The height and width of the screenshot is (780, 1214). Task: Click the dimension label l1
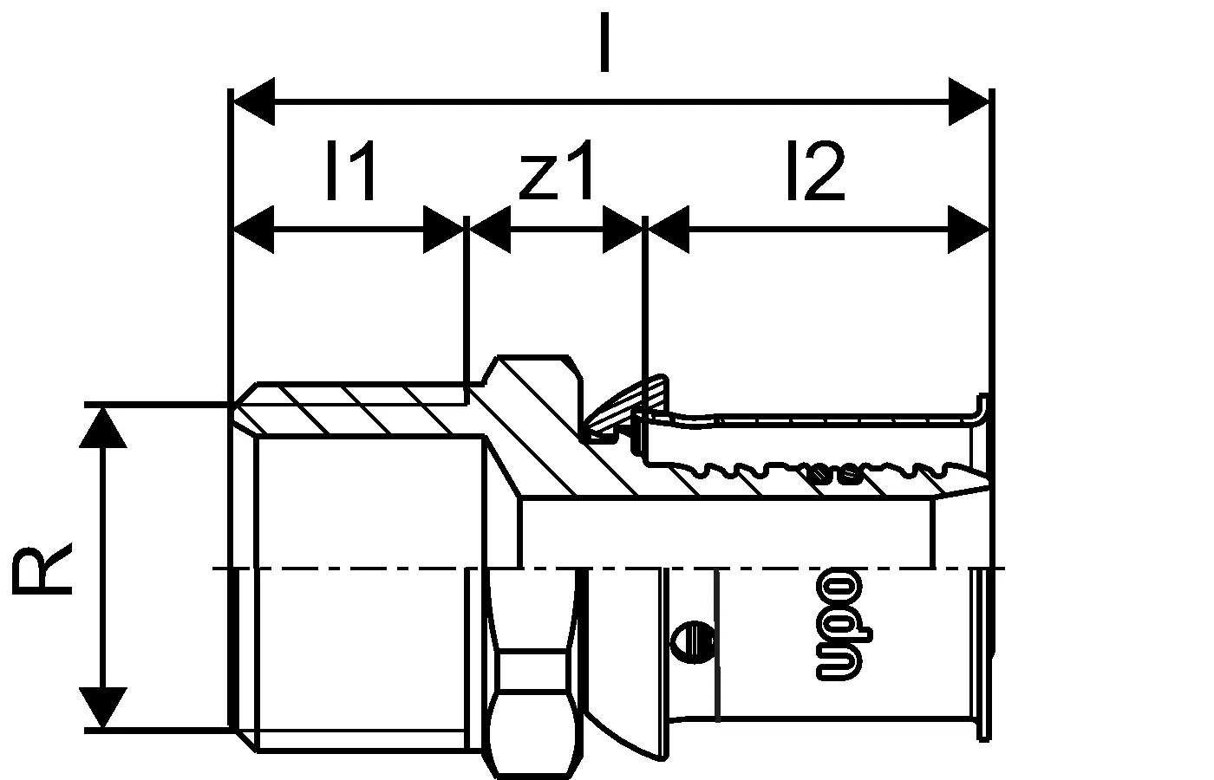coord(351,170)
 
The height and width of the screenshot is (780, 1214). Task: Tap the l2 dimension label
coord(816,170)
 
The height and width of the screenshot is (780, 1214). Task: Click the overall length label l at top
coord(605,42)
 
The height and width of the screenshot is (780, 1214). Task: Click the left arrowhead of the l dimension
coord(254,101)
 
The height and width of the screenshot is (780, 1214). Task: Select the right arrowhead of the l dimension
coord(969,101)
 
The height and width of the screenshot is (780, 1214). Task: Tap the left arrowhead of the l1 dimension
coord(253,229)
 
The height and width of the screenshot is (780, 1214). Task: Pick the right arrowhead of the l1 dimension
coord(443,229)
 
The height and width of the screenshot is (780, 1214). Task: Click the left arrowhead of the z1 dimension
coord(490,229)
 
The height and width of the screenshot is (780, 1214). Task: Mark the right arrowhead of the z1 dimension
coord(623,229)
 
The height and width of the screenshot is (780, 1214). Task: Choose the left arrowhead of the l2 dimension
coord(669,229)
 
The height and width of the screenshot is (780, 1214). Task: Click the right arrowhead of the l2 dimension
coord(969,229)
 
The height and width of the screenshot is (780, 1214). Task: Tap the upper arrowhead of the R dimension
coord(103,428)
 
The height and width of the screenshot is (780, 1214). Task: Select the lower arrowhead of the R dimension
coord(103,707)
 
